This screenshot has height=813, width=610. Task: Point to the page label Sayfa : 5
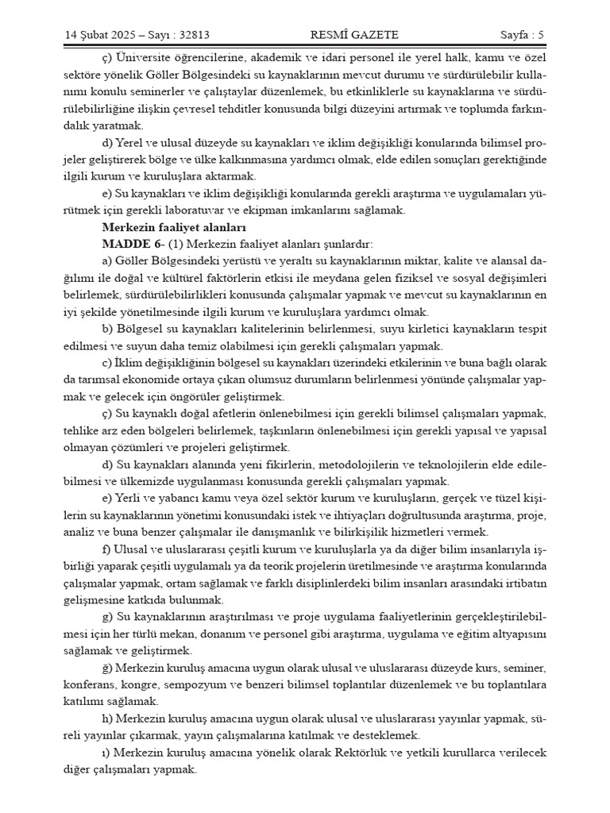pyautogui.click(x=522, y=34)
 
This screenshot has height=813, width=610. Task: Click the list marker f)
pyautogui.click(x=107, y=549)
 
